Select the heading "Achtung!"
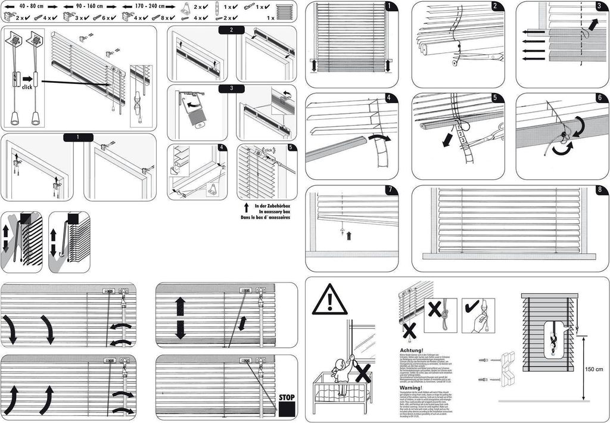pyautogui.click(x=412, y=350)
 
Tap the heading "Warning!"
pyautogui.click(x=411, y=387)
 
